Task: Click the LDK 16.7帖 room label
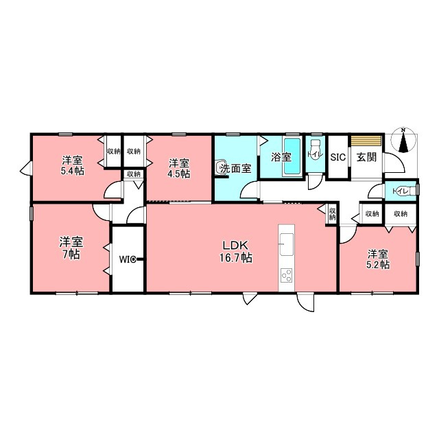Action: pyautogui.click(x=235, y=252)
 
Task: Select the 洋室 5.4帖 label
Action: pyautogui.click(x=73, y=166)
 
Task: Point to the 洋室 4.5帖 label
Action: pyautogui.click(x=179, y=168)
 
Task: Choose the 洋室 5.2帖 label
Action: pyautogui.click(x=378, y=259)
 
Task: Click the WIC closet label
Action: pyautogui.click(x=128, y=259)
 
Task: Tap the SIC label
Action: pyautogui.click(x=338, y=157)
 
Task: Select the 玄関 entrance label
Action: pyautogui.click(x=366, y=157)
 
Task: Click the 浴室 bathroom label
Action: pyautogui.click(x=281, y=157)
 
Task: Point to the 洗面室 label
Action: pyautogui.click(x=236, y=168)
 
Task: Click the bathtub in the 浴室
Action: pyautogui.click(x=292, y=157)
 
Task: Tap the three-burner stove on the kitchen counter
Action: pyautogui.click(x=287, y=275)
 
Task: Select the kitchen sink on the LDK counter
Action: pyautogui.click(x=287, y=244)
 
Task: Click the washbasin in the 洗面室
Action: pyautogui.click(x=221, y=168)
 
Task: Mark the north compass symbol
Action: pyautogui.click(x=403, y=141)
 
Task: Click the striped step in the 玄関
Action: pyautogui.click(x=366, y=141)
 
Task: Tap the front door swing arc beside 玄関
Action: pyautogui.click(x=398, y=163)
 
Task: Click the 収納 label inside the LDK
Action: pyautogui.click(x=332, y=214)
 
